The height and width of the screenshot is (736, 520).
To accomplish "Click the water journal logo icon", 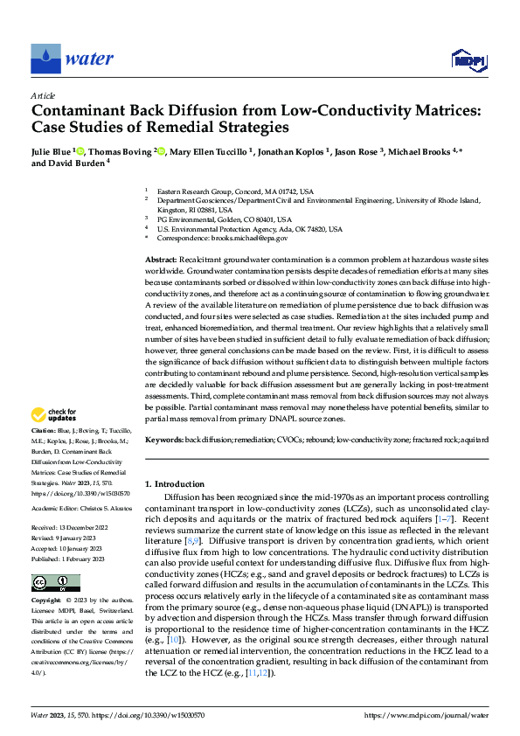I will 44,59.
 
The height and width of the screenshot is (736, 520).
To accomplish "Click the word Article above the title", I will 43,96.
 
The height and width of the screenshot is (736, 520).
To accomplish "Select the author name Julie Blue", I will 52,150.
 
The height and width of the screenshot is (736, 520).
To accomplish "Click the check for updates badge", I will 54,415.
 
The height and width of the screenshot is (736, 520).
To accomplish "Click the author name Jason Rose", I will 359,150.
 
